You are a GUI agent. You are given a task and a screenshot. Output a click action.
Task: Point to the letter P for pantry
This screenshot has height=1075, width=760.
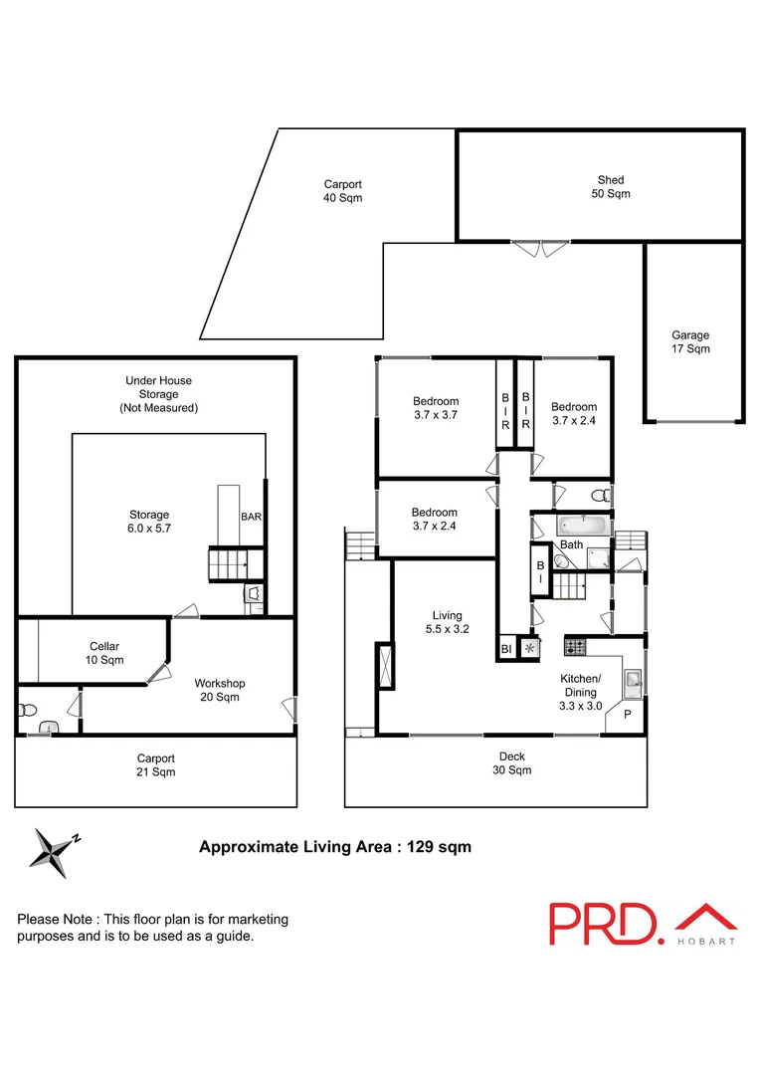[628, 715]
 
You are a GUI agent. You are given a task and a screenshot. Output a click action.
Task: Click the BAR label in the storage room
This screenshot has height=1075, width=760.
[251, 517]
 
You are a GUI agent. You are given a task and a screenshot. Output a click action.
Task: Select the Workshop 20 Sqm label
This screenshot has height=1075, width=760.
[219, 690]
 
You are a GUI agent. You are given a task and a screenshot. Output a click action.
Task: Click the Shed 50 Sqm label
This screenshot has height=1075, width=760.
[611, 186]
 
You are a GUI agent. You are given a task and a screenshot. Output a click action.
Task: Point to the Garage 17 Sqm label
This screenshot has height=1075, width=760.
[690, 342]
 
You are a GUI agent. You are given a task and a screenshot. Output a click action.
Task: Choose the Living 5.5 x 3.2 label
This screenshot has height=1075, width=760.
[447, 622]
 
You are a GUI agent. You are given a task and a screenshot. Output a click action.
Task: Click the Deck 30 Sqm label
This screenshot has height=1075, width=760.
[511, 763]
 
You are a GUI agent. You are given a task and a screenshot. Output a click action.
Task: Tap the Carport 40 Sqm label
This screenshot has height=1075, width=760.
[342, 190]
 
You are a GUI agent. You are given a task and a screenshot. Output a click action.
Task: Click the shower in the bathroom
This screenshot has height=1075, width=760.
[597, 557]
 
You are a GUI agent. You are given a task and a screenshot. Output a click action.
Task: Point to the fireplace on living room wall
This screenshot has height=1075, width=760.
[384, 668]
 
